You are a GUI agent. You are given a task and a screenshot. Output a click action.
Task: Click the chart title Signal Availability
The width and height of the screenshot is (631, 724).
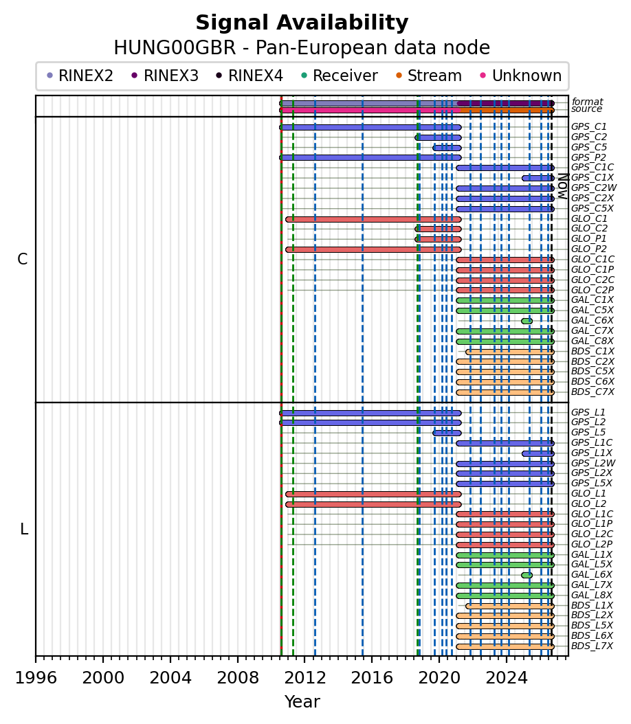pos(302,23)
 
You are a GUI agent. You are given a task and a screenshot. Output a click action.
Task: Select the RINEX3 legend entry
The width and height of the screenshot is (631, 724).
pos(165,76)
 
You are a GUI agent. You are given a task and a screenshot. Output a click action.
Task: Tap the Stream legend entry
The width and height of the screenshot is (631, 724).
pos(429,76)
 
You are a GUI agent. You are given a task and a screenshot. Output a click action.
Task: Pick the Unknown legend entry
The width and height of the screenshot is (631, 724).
pos(520,76)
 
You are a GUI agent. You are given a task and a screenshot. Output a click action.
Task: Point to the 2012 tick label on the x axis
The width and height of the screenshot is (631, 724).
pos(305,678)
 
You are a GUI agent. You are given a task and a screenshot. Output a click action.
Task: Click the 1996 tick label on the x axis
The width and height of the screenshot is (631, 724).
pos(36,678)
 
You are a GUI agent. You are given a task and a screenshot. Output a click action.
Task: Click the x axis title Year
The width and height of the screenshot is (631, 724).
pos(302,701)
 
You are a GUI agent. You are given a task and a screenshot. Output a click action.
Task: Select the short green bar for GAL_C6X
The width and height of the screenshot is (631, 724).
pos(527,321)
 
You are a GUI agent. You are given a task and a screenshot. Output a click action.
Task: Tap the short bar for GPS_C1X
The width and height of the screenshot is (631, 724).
pos(538,178)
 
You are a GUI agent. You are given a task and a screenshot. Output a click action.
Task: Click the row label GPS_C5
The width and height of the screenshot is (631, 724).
pos(589,147)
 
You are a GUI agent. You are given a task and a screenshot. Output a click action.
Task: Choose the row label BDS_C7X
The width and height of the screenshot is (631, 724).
pos(593,392)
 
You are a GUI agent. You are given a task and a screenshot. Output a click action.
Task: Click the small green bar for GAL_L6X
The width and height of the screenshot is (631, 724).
pos(527,576)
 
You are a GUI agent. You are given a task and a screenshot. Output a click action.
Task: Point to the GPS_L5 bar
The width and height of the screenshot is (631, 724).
pos(447,433)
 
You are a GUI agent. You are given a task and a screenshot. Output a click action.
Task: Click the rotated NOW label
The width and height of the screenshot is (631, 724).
pos(563,186)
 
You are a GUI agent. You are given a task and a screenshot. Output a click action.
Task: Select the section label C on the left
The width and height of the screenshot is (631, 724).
pos(23,260)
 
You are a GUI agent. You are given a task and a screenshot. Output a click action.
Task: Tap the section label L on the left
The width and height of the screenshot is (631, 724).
pos(24,529)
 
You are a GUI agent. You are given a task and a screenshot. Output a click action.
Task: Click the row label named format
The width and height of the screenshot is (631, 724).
pos(588,102)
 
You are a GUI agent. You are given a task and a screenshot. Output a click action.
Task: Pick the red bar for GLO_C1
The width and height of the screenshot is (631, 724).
pos(373,219)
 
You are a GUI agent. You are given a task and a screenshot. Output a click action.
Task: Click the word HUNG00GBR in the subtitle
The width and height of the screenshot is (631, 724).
pos(175,47)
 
